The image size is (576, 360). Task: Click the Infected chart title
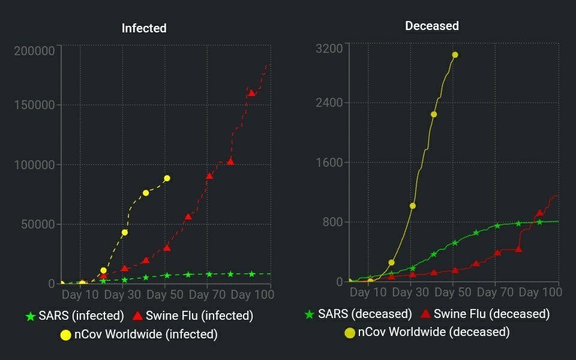(144, 28)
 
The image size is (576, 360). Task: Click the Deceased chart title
(432, 26)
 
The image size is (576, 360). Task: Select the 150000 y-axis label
(34, 105)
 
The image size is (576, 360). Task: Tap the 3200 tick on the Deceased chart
(329, 48)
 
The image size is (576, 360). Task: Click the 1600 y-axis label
(329, 163)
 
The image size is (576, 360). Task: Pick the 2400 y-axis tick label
(329, 103)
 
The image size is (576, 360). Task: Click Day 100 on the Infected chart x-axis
(252, 295)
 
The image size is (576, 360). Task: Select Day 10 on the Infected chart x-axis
(80, 295)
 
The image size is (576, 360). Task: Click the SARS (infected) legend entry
(74, 316)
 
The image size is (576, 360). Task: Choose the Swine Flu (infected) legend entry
(193, 316)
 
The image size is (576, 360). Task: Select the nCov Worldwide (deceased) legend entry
(427, 332)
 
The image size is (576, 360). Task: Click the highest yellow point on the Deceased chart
(455, 55)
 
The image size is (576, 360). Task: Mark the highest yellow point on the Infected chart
(167, 178)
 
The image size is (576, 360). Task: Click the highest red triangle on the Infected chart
(252, 93)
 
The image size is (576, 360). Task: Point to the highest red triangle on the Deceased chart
(539, 212)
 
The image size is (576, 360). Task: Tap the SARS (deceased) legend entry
(358, 314)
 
